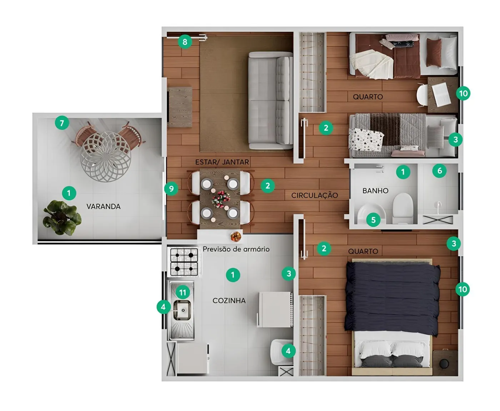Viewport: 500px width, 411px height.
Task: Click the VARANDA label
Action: tap(103, 206)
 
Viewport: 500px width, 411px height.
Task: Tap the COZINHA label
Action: tap(229, 301)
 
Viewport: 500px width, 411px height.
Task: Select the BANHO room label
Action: tap(375, 191)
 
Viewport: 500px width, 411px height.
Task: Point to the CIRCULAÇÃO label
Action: tap(314, 195)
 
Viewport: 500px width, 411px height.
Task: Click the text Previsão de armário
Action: tap(236, 249)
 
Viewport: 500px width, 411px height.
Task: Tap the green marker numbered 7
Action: tap(62, 123)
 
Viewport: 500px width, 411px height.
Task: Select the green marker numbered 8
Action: tap(185, 42)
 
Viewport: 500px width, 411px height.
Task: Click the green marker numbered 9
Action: tap(171, 189)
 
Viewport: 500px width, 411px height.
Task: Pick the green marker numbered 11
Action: tap(182, 292)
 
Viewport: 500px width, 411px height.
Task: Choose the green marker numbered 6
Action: tap(439, 171)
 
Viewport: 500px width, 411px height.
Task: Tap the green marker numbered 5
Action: tap(373, 220)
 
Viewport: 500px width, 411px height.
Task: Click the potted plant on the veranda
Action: tap(62, 217)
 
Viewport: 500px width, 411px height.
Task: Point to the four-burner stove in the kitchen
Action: tap(184, 262)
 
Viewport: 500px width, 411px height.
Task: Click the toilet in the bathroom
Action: tap(403, 208)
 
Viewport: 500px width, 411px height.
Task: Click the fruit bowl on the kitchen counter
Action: tap(236, 236)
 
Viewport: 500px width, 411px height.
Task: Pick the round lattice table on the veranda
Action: tap(105, 156)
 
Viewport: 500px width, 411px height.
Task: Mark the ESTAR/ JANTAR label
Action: tap(222, 162)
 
